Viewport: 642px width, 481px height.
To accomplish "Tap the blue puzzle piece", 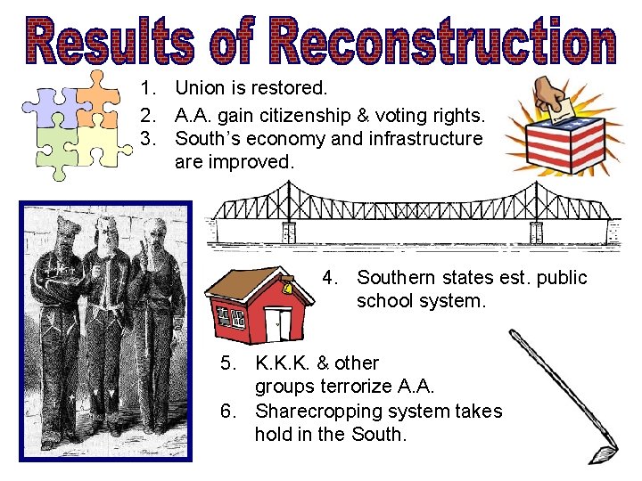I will click(x=52, y=105).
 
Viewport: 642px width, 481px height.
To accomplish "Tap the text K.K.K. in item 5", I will click(x=284, y=363).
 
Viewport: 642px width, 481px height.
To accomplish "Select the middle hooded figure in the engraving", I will click(x=109, y=321).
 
